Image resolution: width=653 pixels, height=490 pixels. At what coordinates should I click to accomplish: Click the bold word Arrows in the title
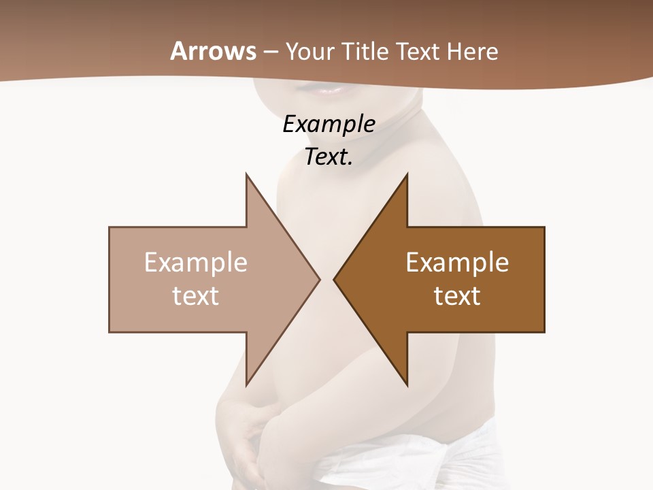[x=213, y=51]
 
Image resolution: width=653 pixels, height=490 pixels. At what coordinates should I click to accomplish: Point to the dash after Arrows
[x=271, y=52]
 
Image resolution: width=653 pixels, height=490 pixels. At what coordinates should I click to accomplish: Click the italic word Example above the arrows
[x=329, y=125]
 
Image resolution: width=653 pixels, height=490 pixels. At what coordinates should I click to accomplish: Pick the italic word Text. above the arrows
[x=329, y=157]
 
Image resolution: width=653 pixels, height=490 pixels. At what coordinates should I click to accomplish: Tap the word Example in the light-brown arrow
[x=196, y=263]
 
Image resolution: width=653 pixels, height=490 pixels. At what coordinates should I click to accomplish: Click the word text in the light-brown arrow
[x=196, y=295]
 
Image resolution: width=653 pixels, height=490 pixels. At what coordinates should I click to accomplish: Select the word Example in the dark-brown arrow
[x=457, y=263]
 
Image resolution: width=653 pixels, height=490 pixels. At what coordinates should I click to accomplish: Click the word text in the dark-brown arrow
[x=457, y=295]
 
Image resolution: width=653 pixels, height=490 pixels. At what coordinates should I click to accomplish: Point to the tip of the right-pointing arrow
[x=320, y=279]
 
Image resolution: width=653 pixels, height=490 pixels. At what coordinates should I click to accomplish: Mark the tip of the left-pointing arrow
[x=334, y=279]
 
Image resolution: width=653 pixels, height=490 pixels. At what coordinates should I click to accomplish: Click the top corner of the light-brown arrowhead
[x=246, y=174]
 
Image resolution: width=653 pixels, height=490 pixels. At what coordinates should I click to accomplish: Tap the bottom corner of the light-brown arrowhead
[x=246, y=385]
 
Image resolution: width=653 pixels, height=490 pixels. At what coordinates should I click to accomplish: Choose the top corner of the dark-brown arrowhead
[x=407, y=174]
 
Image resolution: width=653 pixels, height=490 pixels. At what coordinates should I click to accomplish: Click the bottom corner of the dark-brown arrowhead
[x=407, y=385]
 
